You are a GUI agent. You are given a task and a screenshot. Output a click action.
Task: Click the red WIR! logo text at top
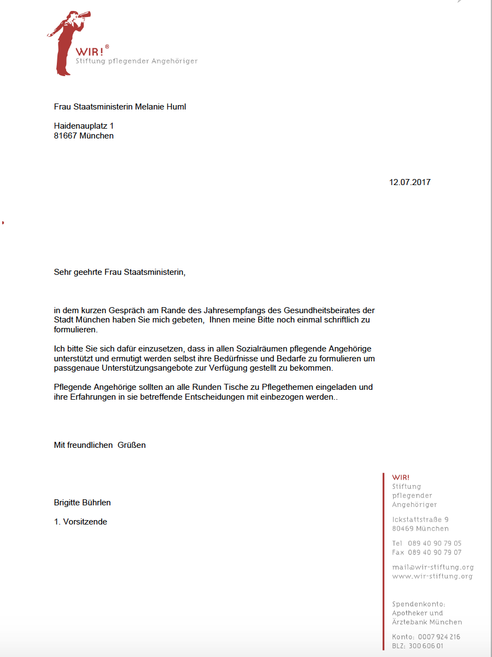point(90,51)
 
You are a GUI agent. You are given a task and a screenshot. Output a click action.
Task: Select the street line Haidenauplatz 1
point(84,126)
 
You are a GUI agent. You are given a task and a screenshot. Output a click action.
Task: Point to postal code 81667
point(66,136)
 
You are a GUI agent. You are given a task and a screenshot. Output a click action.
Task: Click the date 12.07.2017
point(409,182)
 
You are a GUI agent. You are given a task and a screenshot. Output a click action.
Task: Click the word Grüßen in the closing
point(132,445)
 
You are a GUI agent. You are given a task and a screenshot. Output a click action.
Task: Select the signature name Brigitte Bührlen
point(82,503)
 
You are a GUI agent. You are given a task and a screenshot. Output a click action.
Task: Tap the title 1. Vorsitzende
point(80,522)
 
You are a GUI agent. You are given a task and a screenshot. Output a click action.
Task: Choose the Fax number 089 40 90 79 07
point(434,552)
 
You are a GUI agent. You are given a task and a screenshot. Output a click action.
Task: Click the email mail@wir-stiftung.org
point(432,567)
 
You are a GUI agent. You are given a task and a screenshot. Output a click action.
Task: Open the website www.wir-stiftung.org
point(432,577)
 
